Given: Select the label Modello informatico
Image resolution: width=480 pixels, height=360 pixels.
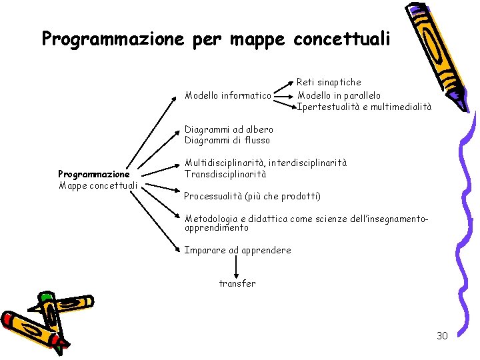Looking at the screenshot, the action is pyautogui.click(x=228, y=96).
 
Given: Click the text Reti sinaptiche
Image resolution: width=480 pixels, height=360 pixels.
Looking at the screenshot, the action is pyautogui.click(x=329, y=82).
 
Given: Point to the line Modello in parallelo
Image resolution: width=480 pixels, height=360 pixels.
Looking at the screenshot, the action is pyautogui.click(x=339, y=95).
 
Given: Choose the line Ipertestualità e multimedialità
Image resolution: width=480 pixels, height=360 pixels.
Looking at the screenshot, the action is pyautogui.click(x=364, y=107).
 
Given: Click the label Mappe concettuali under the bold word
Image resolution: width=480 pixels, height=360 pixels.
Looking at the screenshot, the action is pyautogui.click(x=98, y=185).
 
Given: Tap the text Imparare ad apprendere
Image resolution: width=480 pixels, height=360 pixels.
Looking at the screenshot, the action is pyautogui.click(x=237, y=250).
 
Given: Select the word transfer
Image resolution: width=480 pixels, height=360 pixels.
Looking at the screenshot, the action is pyautogui.click(x=237, y=283).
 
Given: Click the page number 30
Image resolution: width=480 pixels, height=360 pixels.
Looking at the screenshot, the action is pyautogui.click(x=442, y=335).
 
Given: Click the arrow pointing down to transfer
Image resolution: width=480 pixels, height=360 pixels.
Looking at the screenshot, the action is pyautogui.click(x=237, y=267).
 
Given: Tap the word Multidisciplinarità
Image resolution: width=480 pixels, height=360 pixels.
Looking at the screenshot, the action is pyautogui.click(x=225, y=163).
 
